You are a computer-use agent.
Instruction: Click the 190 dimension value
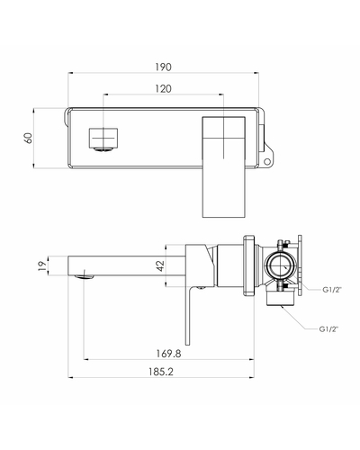point(163,67)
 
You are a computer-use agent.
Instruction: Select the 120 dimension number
point(163,89)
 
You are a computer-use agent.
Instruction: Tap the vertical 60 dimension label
point(28,139)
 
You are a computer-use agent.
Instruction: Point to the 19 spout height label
point(43,265)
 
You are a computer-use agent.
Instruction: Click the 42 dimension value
point(161,265)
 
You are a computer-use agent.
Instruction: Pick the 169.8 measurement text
point(168,354)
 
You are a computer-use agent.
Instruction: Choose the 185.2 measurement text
point(161,372)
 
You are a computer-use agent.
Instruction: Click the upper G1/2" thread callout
point(332,290)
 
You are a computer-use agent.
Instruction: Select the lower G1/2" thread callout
point(328,329)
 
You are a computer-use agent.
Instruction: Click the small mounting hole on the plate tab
point(266,161)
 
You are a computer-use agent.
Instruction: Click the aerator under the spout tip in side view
point(85,277)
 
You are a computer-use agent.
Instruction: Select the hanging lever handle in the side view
point(188,315)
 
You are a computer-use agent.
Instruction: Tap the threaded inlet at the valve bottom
point(282,298)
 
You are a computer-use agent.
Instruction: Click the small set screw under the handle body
point(201,288)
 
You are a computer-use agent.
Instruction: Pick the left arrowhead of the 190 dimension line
point(70,72)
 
